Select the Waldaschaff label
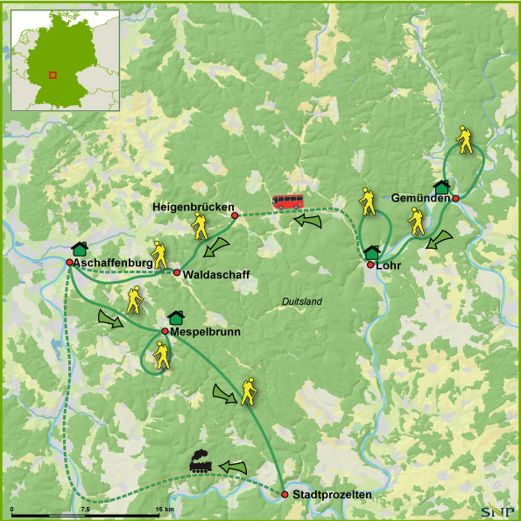(x=217, y=275)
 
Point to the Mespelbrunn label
(x=206, y=333)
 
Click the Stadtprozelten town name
(x=333, y=496)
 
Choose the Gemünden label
(x=421, y=197)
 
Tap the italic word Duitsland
(x=302, y=302)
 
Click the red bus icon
(x=286, y=202)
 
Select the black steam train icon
(x=201, y=464)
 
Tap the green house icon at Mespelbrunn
(x=175, y=317)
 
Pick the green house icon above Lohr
(x=372, y=252)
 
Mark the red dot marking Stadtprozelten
(x=285, y=495)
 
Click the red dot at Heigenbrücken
(x=235, y=215)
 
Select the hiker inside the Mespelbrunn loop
(x=161, y=354)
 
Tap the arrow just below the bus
(x=307, y=221)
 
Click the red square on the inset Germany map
(x=53, y=74)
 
